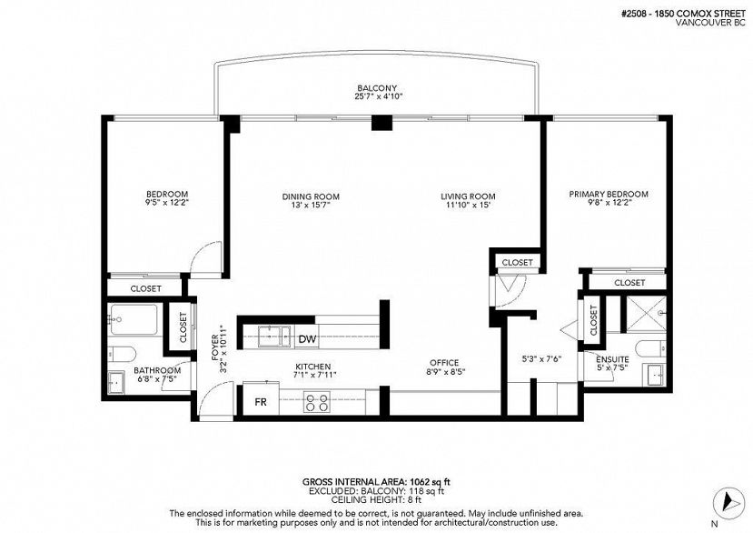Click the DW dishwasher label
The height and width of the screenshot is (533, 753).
307,339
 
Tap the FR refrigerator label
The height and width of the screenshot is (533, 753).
261,402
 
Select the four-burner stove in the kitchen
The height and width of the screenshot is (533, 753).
317,402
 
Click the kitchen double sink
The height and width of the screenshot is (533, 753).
274,336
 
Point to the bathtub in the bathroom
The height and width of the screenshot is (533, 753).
134,319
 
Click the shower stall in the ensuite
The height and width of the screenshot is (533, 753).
647,314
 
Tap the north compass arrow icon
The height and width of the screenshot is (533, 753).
728,503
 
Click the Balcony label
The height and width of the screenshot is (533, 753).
377,88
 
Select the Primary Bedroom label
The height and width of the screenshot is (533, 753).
609,194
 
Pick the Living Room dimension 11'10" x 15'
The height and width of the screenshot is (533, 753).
468,205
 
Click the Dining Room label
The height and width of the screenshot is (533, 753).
311,196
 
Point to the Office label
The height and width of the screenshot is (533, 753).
444,363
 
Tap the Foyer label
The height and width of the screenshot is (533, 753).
214,347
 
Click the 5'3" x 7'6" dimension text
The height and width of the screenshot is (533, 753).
541,358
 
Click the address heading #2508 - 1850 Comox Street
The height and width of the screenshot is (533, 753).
683,15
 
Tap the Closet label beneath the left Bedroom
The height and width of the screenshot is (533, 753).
146,288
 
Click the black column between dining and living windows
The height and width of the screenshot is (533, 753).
381,123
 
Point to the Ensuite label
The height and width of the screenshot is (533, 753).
612,359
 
